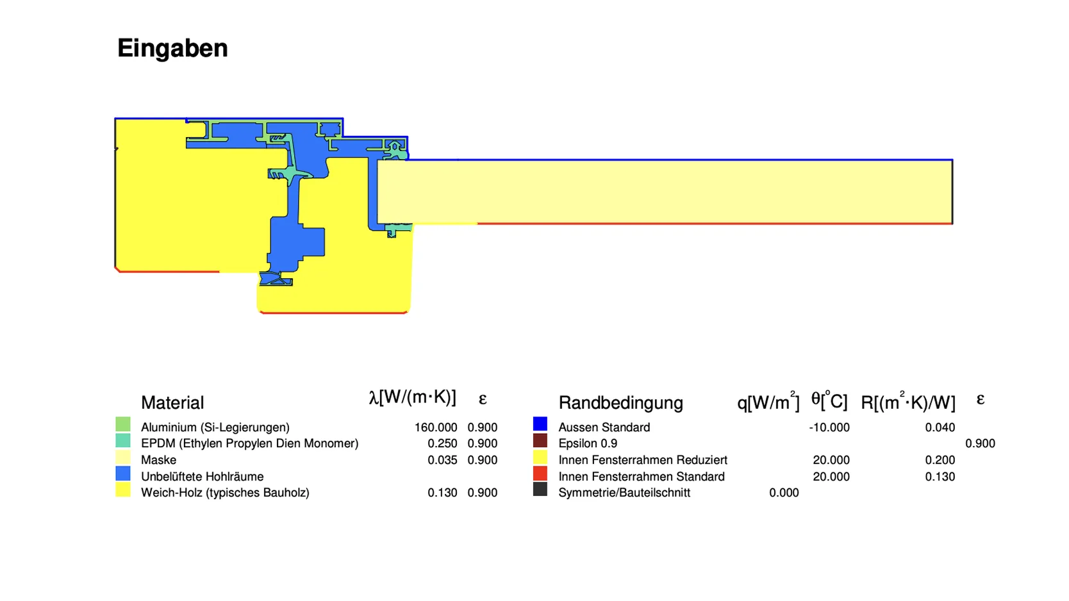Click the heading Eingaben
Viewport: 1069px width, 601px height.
pos(172,49)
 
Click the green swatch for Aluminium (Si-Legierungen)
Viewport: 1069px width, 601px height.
pos(122,425)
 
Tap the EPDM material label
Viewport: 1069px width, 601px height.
pos(249,443)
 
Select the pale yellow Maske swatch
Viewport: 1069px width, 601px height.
pos(122,457)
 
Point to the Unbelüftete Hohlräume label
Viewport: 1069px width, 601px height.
pos(202,477)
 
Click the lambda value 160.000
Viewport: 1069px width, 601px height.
pos(436,427)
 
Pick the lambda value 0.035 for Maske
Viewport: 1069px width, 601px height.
pos(442,460)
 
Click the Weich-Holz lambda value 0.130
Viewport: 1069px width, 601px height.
pos(442,493)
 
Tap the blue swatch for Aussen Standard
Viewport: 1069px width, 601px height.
pos(540,424)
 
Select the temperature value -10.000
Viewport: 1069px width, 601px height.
pos(829,427)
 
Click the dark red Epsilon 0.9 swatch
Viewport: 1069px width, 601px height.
pos(540,440)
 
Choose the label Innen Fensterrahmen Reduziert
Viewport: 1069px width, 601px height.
pos(643,460)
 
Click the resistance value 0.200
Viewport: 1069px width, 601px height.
pos(940,460)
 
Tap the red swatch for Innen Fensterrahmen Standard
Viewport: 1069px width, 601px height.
pos(540,473)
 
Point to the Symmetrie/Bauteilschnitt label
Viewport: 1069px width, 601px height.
pos(624,493)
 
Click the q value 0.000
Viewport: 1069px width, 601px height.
pos(784,493)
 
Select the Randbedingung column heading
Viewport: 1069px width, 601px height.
pos(621,403)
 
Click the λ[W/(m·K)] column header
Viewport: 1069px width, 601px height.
pos(412,397)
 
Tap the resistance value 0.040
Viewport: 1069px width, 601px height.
pos(940,427)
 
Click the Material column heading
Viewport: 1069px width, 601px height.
pos(172,403)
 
